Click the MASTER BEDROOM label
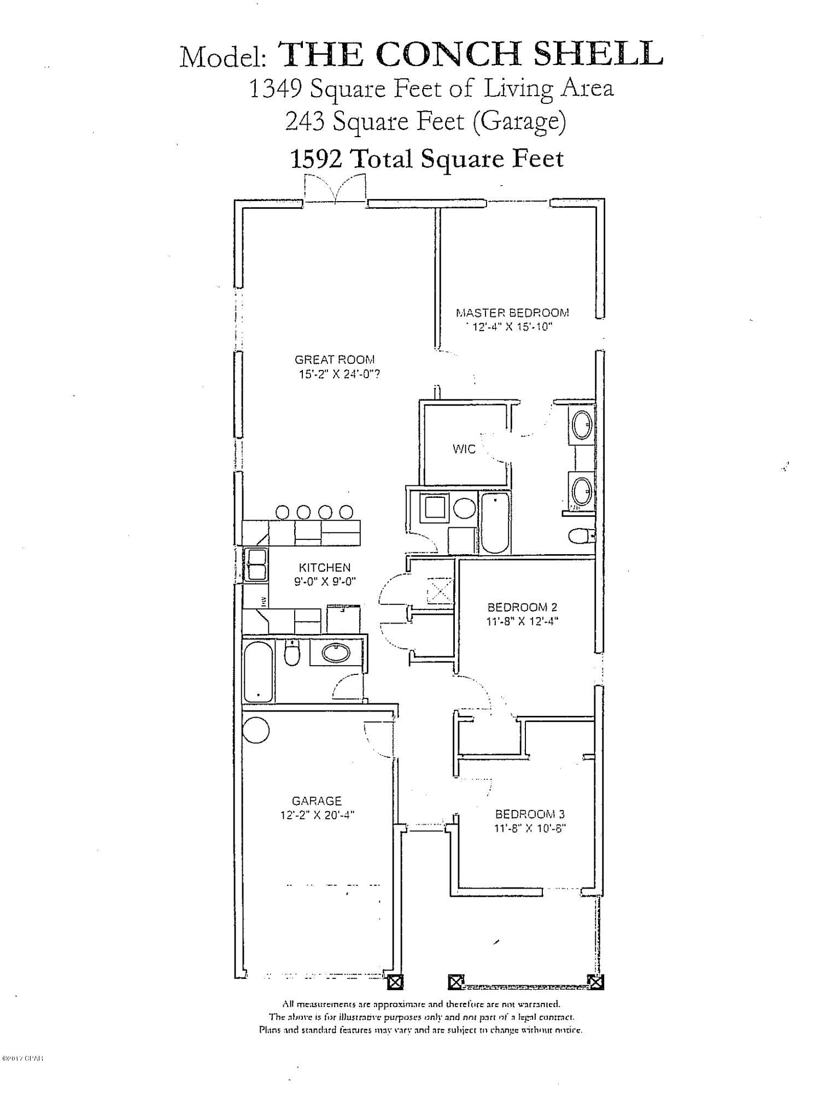pos(512,313)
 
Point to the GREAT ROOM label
pos(335,360)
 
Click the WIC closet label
pos(464,449)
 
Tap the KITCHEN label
pos(325,567)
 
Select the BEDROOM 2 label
pos(522,607)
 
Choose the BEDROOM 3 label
pos(529,814)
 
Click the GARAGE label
pos(317,801)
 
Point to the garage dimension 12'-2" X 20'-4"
pos(317,815)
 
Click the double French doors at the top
pos(335,189)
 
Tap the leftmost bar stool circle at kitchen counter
pos(283,512)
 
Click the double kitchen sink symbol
pos(256,565)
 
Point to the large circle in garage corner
pos(255,731)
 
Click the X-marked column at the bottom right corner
pos(596,982)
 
